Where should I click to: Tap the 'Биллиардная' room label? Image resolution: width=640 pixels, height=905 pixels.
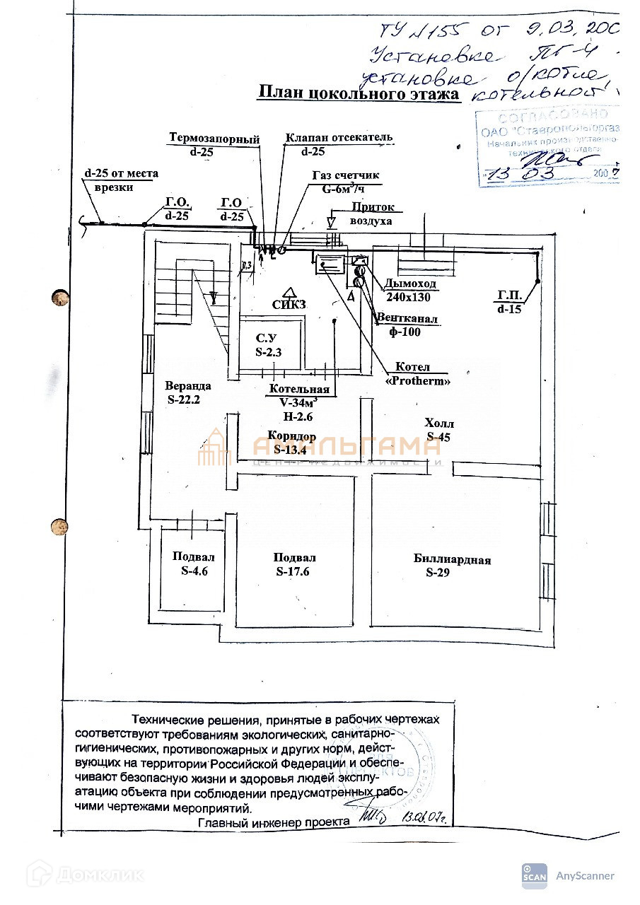(x=452, y=560)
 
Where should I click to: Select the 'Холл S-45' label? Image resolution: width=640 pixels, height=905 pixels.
(x=438, y=430)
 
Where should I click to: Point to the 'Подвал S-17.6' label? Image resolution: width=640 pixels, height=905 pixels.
(x=294, y=564)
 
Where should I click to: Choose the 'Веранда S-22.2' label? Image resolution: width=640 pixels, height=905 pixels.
(x=188, y=392)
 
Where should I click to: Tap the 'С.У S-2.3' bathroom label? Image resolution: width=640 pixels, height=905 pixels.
(x=268, y=344)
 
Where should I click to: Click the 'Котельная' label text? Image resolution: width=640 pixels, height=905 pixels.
(x=299, y=390)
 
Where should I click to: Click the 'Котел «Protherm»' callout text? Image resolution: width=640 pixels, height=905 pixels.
(x=417, y=374)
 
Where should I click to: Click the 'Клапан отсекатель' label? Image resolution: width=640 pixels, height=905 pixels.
(x=339, y=137)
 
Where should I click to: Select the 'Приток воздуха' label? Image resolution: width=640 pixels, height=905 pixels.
(x=372, y=214)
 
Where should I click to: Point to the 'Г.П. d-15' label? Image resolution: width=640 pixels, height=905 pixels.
(x=509, y=303)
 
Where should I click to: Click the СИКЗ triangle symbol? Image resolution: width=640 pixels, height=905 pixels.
(x=288, y=291)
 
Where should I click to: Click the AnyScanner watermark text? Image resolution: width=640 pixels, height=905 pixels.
(x=584, y=876)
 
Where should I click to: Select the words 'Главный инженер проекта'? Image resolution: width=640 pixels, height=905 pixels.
(x=274, y=822)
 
